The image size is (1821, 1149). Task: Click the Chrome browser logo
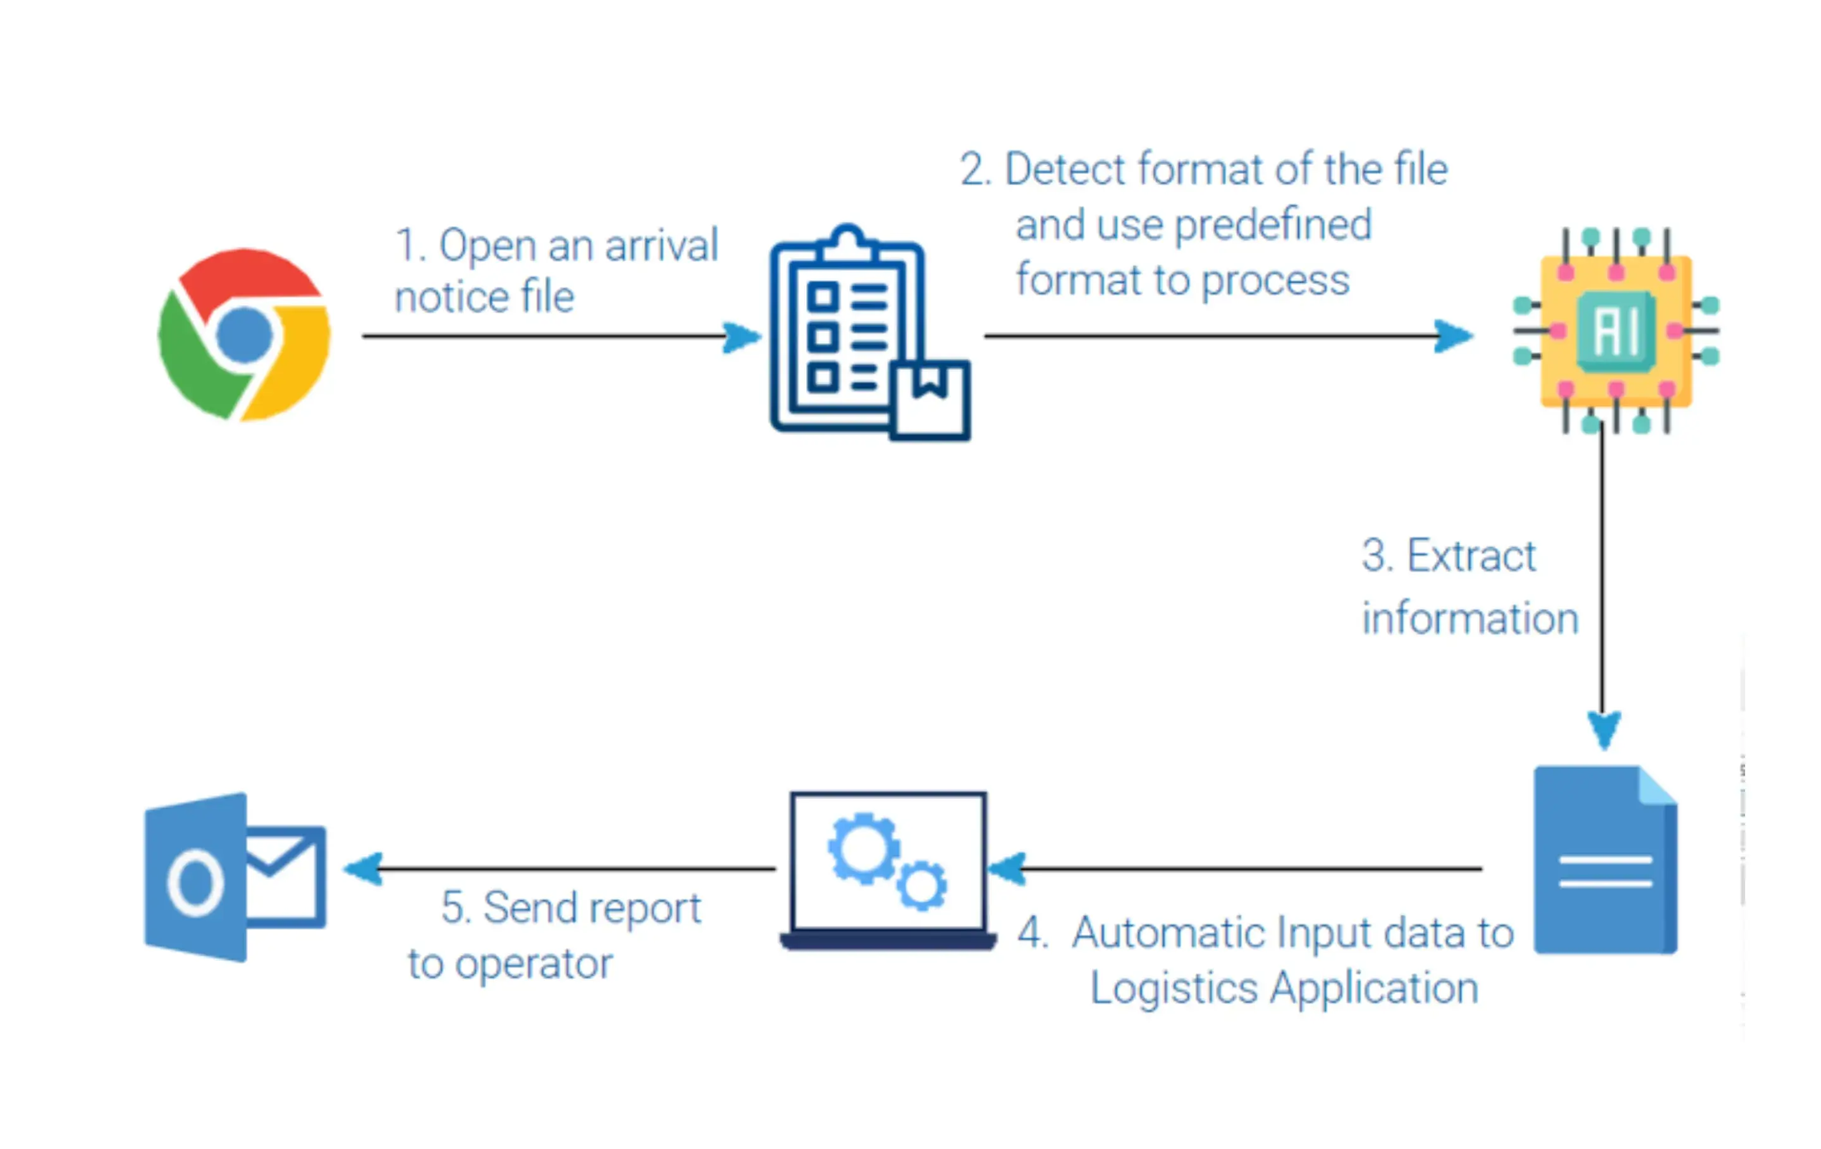coord(243,334)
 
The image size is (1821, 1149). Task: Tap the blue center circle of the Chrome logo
coord(243,334)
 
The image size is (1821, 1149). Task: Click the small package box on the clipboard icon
coord(930,399)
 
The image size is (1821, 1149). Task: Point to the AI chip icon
coord(1616,331)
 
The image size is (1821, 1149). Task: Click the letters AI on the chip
coord(1616,331)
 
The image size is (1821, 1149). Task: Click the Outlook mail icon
coord(235,877)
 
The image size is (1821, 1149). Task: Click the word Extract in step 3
coord(1471,556)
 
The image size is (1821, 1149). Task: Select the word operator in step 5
coord(533,964)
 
